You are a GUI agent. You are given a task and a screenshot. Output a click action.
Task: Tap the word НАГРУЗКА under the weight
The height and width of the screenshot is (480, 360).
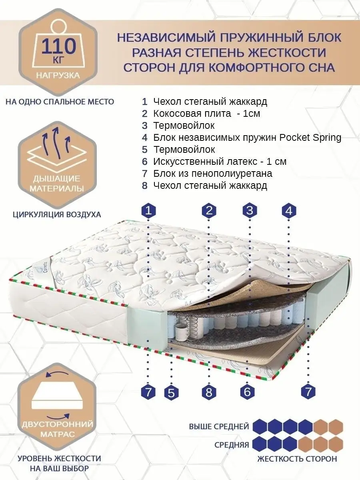point(58,76)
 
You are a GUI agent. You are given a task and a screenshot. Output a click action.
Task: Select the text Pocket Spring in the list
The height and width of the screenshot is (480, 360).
point(310,138)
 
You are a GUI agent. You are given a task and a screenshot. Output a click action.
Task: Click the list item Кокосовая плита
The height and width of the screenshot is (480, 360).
point(206,114)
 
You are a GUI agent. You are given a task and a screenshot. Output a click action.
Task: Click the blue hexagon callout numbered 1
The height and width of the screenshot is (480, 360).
point(149,211)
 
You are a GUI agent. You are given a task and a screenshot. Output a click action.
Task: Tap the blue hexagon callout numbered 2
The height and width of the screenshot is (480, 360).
point(209,210)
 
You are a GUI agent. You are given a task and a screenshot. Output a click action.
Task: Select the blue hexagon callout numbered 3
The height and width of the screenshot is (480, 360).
point(250,210)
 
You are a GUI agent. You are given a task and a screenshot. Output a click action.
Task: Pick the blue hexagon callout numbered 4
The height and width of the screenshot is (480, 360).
point(289,211)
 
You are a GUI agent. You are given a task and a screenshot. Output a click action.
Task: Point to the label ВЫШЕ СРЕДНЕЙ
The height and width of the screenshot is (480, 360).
point(219,426)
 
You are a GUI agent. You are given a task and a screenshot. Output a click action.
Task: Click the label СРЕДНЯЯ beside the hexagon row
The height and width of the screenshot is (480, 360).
point(232,445)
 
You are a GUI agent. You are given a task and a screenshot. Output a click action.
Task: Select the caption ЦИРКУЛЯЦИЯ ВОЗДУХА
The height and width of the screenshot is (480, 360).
point(57,214)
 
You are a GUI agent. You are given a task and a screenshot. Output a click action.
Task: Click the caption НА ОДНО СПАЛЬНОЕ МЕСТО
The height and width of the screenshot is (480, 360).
point(60,102)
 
